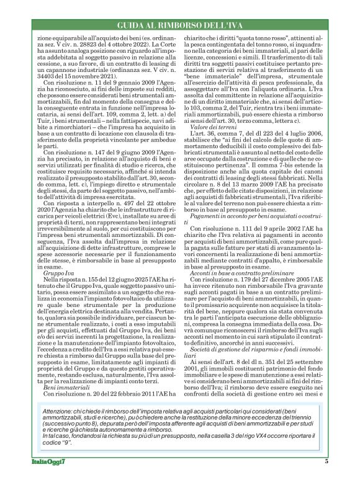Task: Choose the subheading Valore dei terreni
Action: click(x=214, y=143)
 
